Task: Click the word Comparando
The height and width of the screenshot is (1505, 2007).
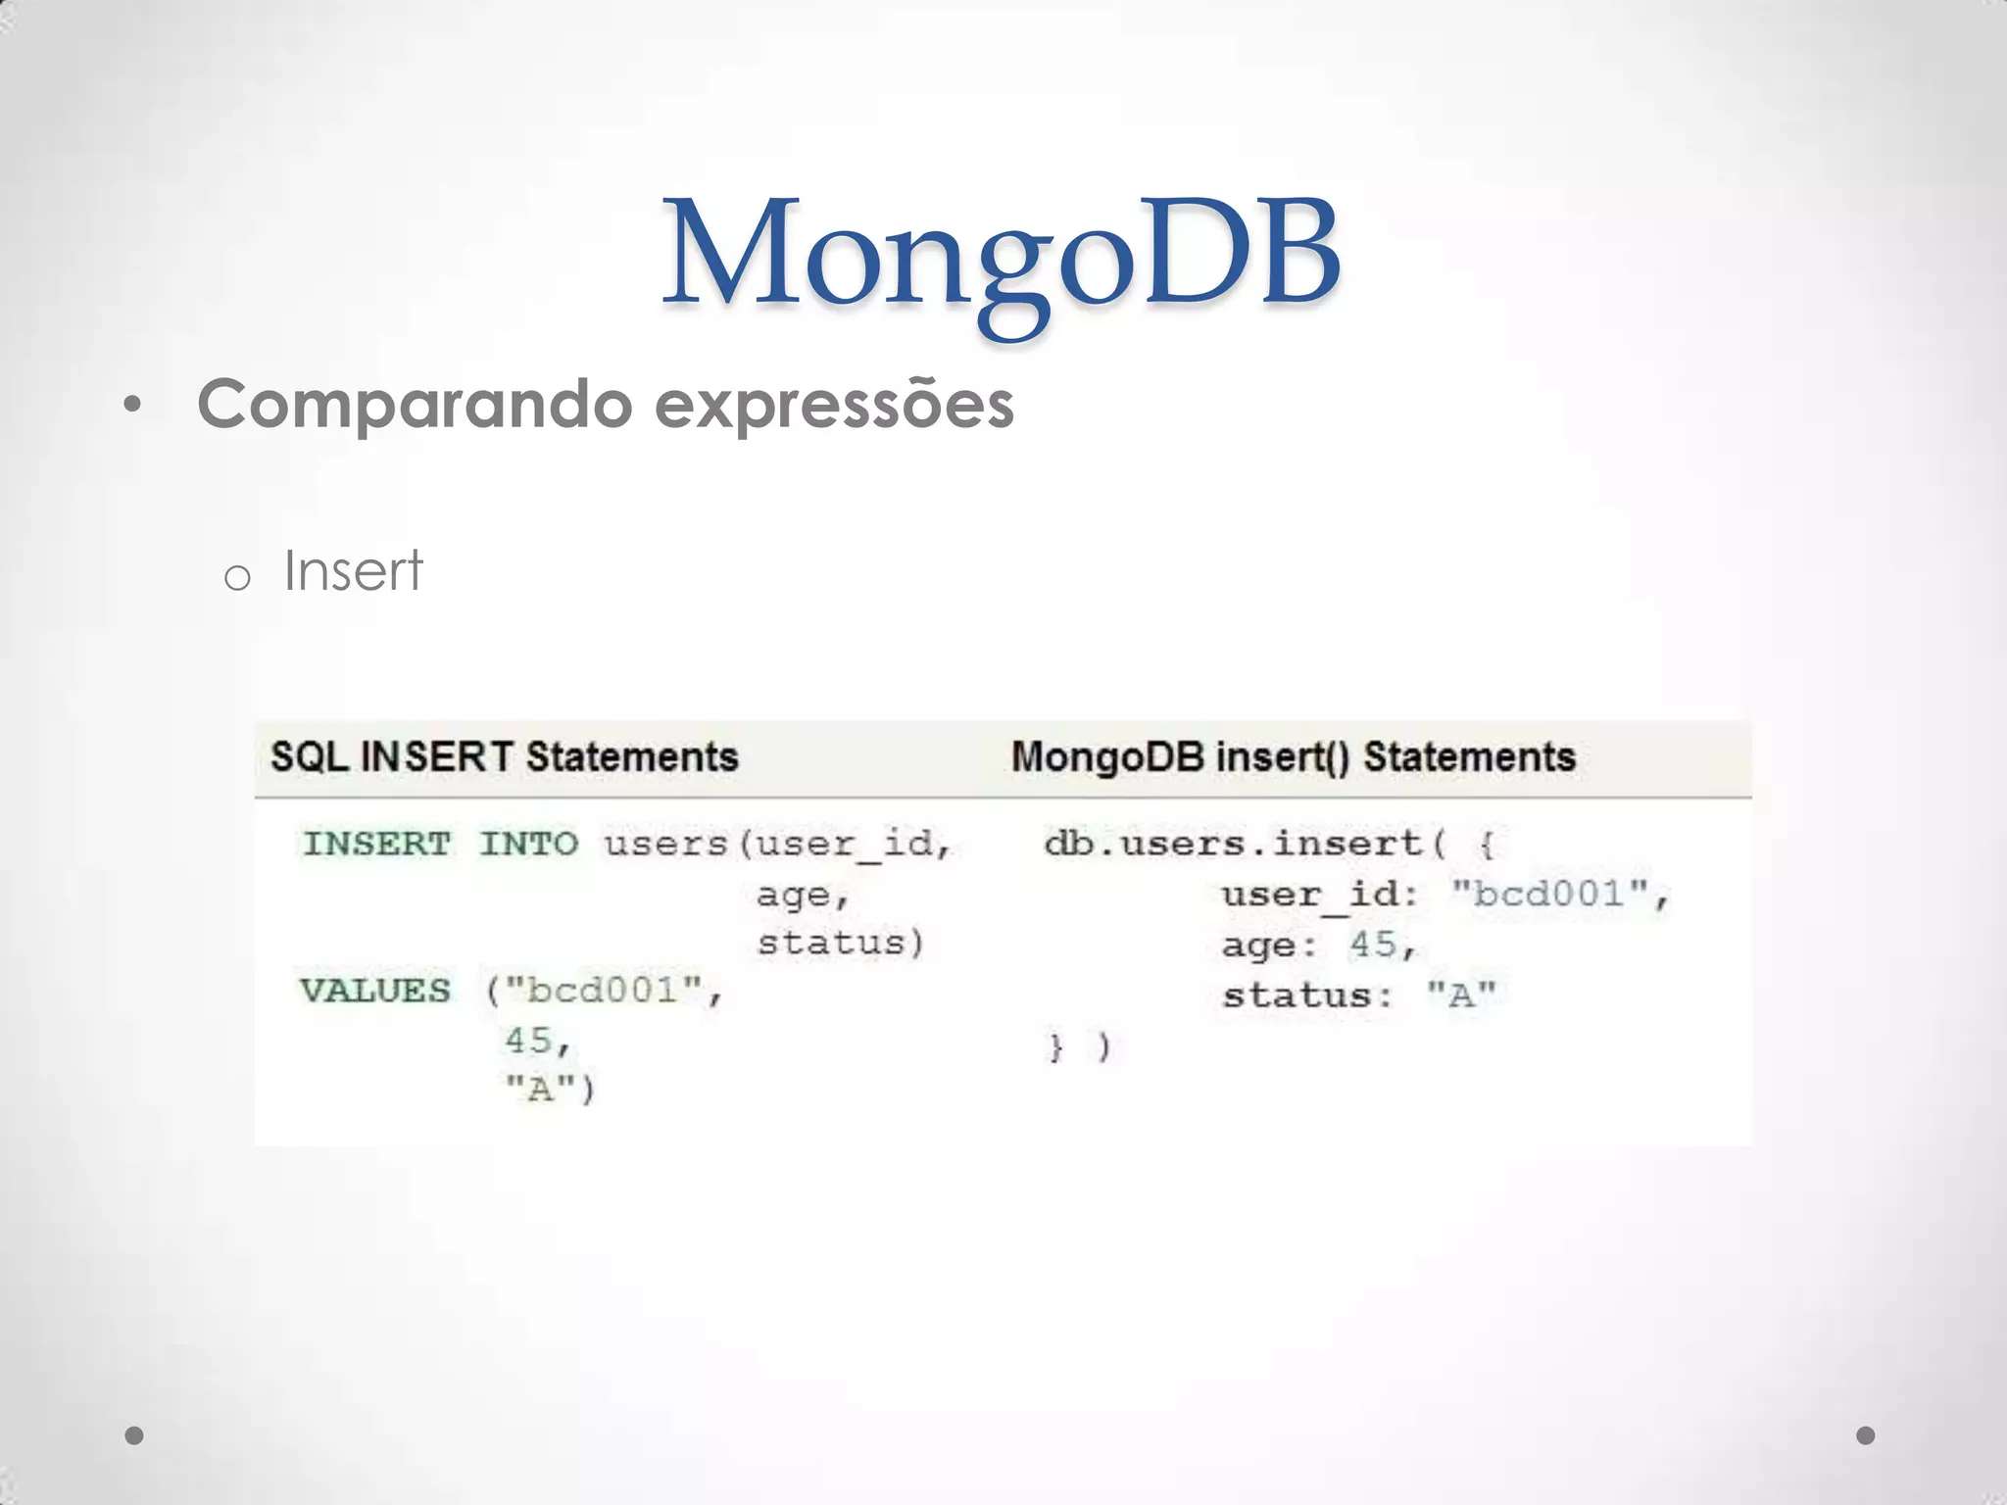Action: tap(415, 404)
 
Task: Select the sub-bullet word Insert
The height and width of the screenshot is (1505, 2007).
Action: tap(353, 570)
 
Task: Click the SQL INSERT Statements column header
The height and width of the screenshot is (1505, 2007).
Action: tap(504, 757)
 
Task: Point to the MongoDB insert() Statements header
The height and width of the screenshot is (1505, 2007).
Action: tap(1293, 757)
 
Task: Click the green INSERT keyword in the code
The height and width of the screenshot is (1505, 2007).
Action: tap(376, 844)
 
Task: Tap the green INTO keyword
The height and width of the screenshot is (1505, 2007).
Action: tap(528, 844)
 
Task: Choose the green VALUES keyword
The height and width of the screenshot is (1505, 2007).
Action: tap(375, 991)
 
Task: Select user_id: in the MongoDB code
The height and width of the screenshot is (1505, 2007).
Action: tap(1319, 895)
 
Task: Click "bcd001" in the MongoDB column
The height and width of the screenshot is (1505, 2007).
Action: tap(1550, 894)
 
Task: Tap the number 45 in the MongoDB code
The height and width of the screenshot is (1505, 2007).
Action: tap(1372, 945)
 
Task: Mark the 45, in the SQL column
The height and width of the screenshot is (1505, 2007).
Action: tap(536, 1041)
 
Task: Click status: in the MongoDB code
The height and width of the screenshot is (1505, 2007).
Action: tap(1307, 996)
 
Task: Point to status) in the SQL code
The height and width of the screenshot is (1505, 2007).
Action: tap(840, 943)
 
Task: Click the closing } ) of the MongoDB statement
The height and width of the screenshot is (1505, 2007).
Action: tap(1079, 1047)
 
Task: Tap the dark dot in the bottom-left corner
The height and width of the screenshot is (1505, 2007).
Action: tap(135, 1435)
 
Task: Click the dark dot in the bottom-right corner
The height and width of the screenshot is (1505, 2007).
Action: tap(1866, 1435)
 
